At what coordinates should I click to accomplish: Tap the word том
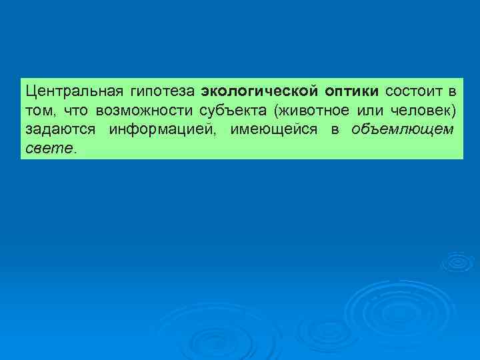point(37,110)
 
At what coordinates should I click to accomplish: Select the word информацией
point(163,129)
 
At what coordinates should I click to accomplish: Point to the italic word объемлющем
point(403,129)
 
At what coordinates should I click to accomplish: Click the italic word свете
point(49,147)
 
